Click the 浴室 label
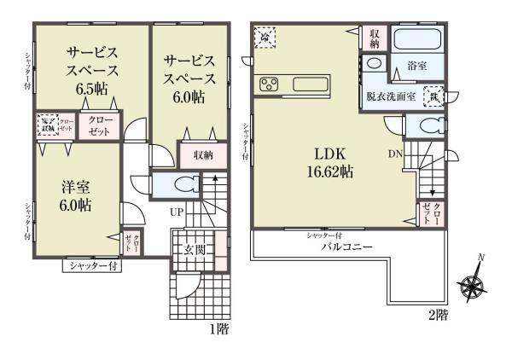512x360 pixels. click(x=416, y=65)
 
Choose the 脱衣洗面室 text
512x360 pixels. click(x=391, y=96)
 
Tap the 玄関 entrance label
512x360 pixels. click(x=192, y=249)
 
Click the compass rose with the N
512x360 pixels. click(x=472, y=284)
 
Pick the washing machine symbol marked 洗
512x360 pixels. click(x=433, y=97)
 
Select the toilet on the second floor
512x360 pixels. click(x=424, y=126)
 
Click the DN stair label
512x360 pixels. click(x=396, y=154)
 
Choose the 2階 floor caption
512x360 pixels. click(x=437, y=316)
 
